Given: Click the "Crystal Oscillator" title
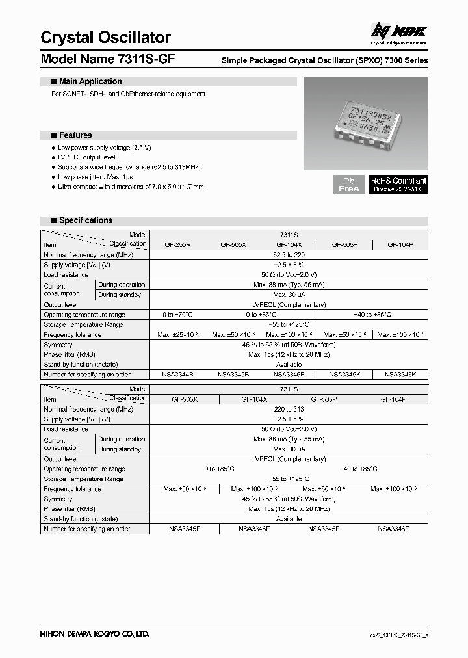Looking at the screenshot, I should click(105, 38).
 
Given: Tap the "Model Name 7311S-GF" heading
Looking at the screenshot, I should click(107, 59).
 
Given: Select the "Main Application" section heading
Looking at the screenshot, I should click(90, 81).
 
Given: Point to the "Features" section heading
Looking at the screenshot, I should click(75, 135).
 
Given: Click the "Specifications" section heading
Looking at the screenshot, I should click(85, 220).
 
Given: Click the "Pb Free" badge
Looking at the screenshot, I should click(349, 184).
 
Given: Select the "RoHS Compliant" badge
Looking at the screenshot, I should click(398, 184).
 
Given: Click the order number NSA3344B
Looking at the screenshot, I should click(177, 375).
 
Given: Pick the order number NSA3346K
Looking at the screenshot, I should click(400, 375).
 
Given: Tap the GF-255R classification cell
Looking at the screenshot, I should click(177, 244).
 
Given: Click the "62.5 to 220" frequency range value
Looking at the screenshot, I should click(289, 255).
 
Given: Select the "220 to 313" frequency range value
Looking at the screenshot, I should click(289, 410).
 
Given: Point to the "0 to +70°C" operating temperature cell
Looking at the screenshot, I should click(177, 315).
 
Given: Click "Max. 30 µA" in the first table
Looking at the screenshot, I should click(289, 295).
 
